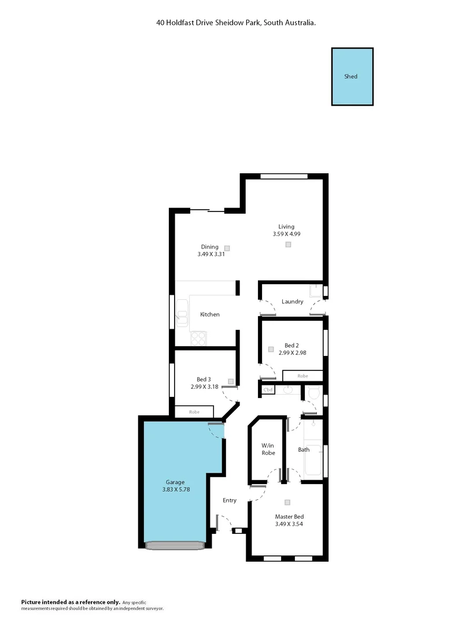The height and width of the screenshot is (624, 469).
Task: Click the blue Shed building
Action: click(x=352, y=77)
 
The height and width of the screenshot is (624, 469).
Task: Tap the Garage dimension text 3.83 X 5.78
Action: click(x=175, y=489)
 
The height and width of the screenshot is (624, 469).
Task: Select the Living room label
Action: click(x=286, y=226)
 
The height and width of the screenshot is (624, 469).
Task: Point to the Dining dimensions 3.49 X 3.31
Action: click(x=209, y=254)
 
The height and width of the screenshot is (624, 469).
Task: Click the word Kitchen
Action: click(x=210, y=314)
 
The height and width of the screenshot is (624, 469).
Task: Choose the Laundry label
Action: click(x=292, y=302)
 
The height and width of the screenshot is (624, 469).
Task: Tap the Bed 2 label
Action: click(x=292, y=345)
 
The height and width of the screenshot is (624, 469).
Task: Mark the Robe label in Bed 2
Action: click(x=302, y=376)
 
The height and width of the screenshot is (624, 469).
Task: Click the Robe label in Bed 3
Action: click(x=194, y=413)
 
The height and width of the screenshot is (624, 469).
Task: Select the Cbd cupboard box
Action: click(x=268, y=390)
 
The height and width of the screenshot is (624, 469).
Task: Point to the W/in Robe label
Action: click(x=267, y=449)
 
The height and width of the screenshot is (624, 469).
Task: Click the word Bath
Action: click(x=304, y=450)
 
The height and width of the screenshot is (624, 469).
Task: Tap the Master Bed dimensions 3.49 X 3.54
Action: click(x=289, y=524)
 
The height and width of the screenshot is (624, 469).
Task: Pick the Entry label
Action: click(x=229, y=500)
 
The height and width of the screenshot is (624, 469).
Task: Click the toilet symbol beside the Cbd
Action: click(x=314, y=393)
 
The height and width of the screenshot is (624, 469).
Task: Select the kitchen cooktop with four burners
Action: click(x=198, y=337)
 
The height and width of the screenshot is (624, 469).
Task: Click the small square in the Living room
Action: click(x=288, y=245)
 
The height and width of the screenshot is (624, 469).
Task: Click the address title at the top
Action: click(x=235, y=23)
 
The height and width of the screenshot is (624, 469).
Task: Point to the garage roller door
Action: click(x=175, y=545)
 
